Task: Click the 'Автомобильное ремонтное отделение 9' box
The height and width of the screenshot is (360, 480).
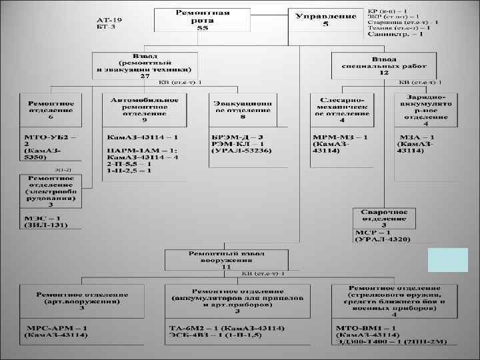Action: click(145, 110)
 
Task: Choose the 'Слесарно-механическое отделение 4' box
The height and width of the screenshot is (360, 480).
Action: click(342, 108)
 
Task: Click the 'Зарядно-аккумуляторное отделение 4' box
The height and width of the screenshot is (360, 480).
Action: click(425, 108)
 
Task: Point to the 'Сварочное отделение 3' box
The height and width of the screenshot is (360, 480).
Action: click(383, 217)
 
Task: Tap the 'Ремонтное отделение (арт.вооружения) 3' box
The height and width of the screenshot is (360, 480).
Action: click(81, 300)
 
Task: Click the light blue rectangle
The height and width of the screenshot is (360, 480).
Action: click(447, 260)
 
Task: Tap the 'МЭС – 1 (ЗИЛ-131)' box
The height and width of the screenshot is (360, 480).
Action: click(51, 222)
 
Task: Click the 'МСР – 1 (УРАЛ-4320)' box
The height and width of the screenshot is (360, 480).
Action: click(381, 235)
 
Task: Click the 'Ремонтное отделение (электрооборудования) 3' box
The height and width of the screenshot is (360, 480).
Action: click(51, 193)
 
